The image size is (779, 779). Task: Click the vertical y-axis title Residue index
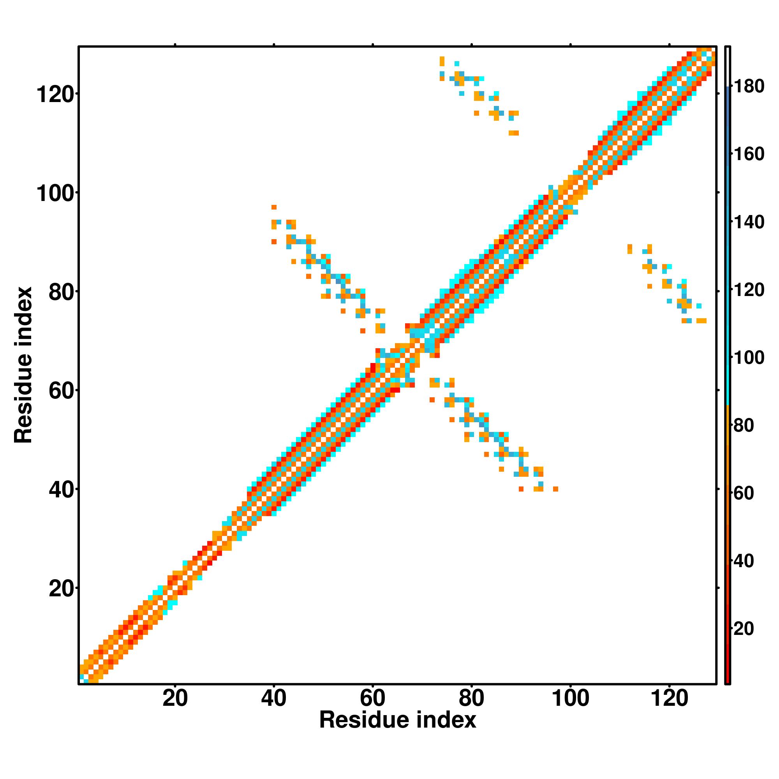point(23,365)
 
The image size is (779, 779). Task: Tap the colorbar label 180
point(749,86)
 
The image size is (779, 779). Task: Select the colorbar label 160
point(749,154)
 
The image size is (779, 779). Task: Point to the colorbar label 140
point(749,222)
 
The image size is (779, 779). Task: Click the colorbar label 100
point(749,358)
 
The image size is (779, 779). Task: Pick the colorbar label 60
point(744,493)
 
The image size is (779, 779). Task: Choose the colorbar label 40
point(744,561)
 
